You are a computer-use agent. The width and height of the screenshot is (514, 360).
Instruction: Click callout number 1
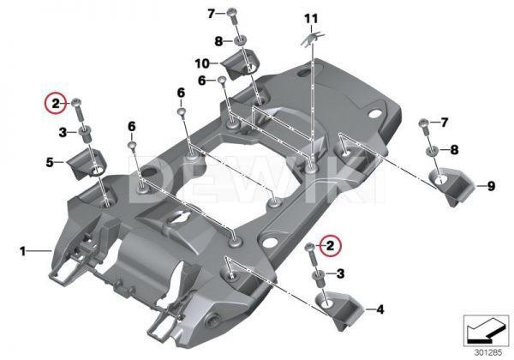click(23, 251)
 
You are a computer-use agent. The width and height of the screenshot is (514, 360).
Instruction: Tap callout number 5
click(51, 160)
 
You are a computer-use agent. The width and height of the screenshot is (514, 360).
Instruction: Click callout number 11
click(310, 18)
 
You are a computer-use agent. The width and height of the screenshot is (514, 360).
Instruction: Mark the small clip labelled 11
click(313, 36)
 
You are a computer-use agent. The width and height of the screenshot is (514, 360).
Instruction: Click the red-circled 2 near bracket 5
click(55, 104)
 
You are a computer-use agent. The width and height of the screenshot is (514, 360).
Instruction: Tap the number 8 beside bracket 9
click(454, 149)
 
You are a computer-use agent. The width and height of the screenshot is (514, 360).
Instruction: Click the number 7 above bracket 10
click(211, 13)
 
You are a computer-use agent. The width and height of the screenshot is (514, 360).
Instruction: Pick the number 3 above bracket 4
click(341, 273)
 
